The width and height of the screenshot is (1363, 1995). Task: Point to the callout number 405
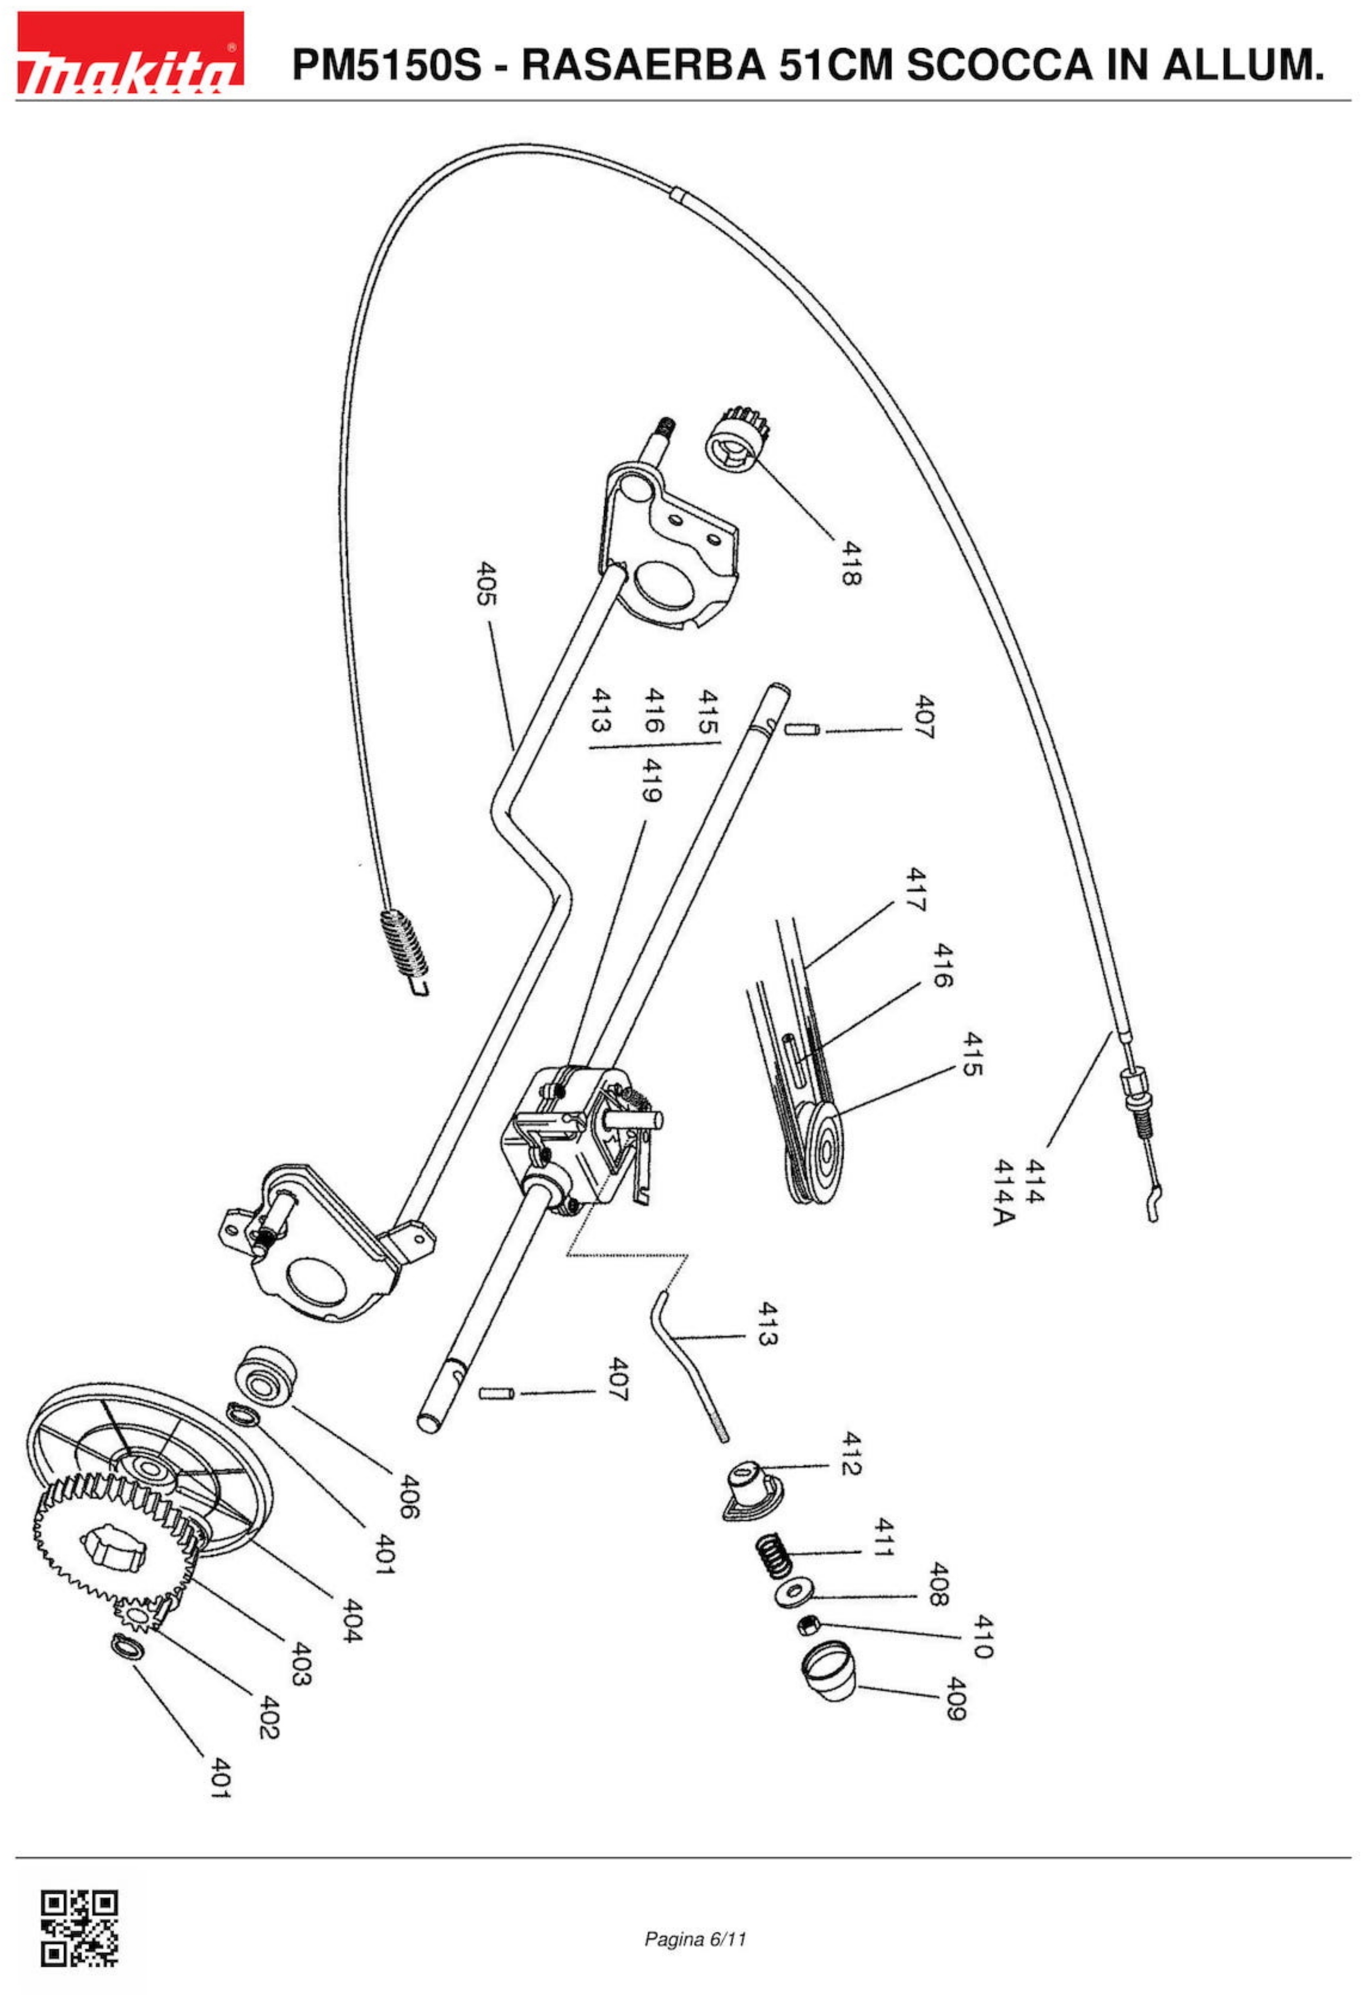pyautogui.click(x=486, y=584)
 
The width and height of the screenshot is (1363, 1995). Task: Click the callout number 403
pyautogui.click(x=299, y=1664)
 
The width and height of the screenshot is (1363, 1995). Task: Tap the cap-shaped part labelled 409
pyautogui.click(x=829, y=1669)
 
